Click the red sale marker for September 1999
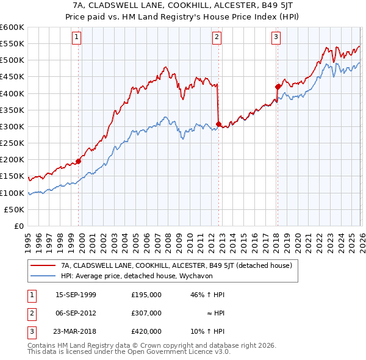point(78,161)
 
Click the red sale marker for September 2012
point(218,124)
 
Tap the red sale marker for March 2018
point(278,87)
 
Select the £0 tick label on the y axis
point(20,226)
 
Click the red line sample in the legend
point(43,265)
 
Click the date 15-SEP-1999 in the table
point(76,294)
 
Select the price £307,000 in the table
point(146,312)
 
